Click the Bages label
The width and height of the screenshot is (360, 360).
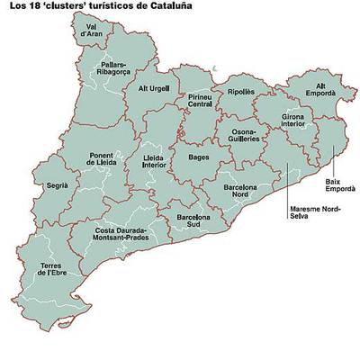tap(199, 157)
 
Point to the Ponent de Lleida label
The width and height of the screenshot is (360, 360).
tap(104, 157)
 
